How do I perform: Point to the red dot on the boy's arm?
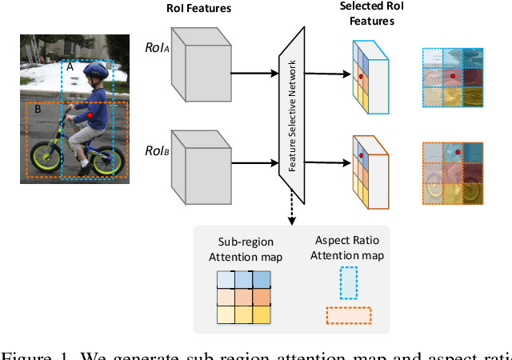(x=90, y=116)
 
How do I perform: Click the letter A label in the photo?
(x=70, y=68)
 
